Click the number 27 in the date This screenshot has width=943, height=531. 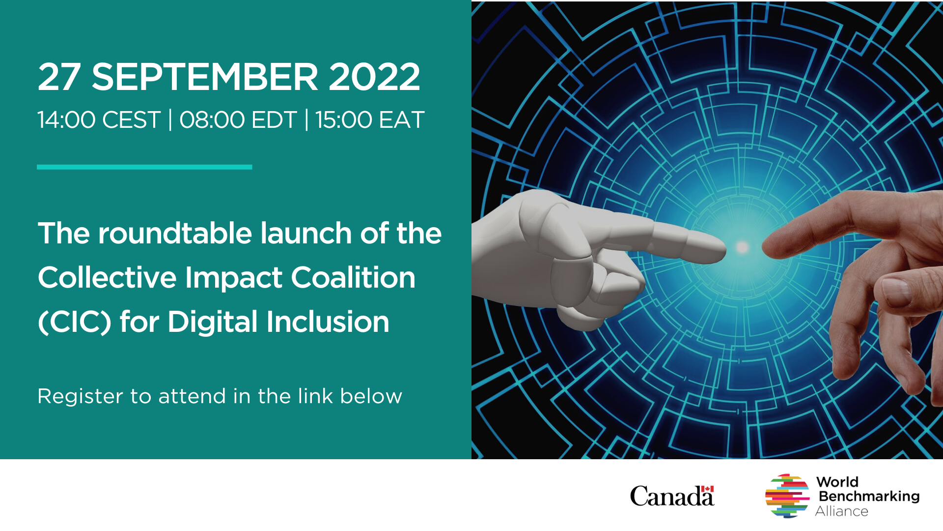[x=59, y=77]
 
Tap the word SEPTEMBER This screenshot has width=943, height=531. [x=205, y=77]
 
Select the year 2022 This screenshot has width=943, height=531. [x=374, y=77]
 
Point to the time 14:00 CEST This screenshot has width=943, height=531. [x=99, y=120]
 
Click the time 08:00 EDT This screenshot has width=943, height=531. [x=238, y=120]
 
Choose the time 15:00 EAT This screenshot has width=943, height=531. [x=369, y=120]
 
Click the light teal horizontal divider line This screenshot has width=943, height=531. [x=144, y=167]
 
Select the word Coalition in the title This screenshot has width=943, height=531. [x=353, y=278]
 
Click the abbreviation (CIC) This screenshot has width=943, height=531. [x=75, y=323]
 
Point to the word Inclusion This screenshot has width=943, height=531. [x=328, y=323]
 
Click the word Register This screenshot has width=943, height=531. [x=80, y=396]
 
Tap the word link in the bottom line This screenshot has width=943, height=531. [x=316, y=396]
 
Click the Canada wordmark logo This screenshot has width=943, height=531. [x=671, y=496]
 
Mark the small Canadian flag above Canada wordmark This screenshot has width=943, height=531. [x=707, y=489]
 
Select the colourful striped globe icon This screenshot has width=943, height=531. [x=787, y=496]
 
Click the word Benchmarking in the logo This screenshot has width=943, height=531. [x=869, y=496]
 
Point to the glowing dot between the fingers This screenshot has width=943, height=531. [x=743, y=247]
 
